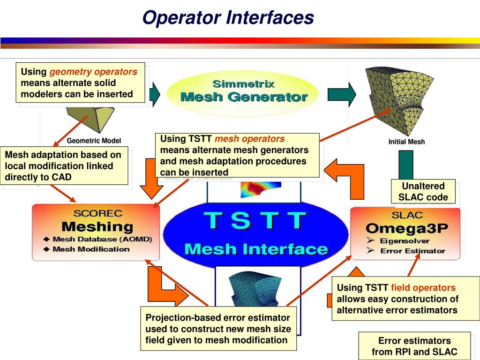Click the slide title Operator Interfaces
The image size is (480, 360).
[228, 18]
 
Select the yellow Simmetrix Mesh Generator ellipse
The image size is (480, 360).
[244, 91]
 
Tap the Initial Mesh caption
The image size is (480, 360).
[406, 142]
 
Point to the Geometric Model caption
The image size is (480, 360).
[94, 140]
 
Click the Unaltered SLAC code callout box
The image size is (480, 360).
[423, 191]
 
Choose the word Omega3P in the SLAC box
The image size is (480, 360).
[407, 228]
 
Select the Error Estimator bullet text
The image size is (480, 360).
[412, 251]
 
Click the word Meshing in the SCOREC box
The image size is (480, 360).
[97, 227]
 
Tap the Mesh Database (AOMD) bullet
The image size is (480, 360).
[102, 239]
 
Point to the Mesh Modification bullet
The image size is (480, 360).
[91, 249]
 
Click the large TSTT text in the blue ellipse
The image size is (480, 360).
[255, 221]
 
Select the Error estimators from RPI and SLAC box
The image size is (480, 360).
[414, 346]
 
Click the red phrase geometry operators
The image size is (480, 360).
[93, 72]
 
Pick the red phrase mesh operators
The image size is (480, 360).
[249, 139]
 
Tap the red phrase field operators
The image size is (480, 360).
[423, 288]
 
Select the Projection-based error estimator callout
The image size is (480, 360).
[218, 329]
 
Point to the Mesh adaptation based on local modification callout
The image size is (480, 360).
[66, 166]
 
